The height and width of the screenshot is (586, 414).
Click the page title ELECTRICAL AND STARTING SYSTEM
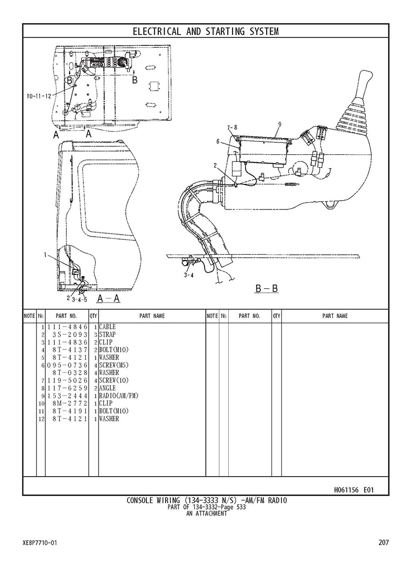click(x=206, y=32)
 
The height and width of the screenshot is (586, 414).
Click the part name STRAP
click(x=107, y=335)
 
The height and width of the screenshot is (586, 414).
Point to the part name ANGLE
click(x=107, y=388)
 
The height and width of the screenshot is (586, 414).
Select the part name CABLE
click(x=107, y=327)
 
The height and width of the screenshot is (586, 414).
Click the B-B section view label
click(x=267, y=288)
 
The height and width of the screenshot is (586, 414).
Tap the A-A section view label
click(x=108, y=299)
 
